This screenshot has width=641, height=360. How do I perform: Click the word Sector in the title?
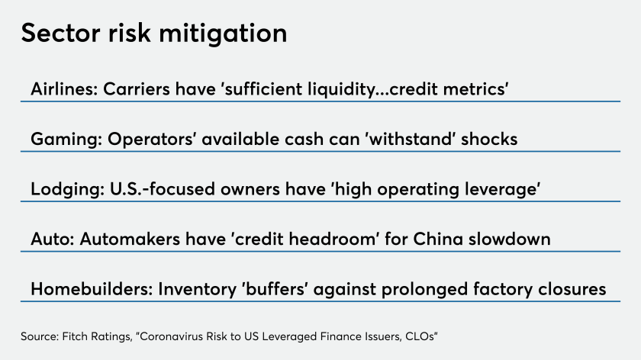(x=60, y=33)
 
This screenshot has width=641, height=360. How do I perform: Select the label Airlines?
(x=65, y=88)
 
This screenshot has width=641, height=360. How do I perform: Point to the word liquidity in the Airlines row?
(x=341, y=90)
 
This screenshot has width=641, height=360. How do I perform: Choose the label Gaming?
(x=66, y=140)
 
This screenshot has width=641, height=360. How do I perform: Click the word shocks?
(x=489, y=139)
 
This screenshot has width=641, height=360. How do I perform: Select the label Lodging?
(x=67, y=190)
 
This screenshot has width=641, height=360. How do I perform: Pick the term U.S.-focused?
(x=163, y=189)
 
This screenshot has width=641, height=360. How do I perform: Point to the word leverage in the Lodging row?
(x=502, y=190)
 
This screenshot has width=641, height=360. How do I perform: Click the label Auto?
(x=53, y=239)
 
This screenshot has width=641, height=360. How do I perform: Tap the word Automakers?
(x=130, y=239)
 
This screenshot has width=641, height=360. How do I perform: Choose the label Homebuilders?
(x=92, y=289)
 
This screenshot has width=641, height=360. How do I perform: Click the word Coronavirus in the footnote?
(x=171, y=336)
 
